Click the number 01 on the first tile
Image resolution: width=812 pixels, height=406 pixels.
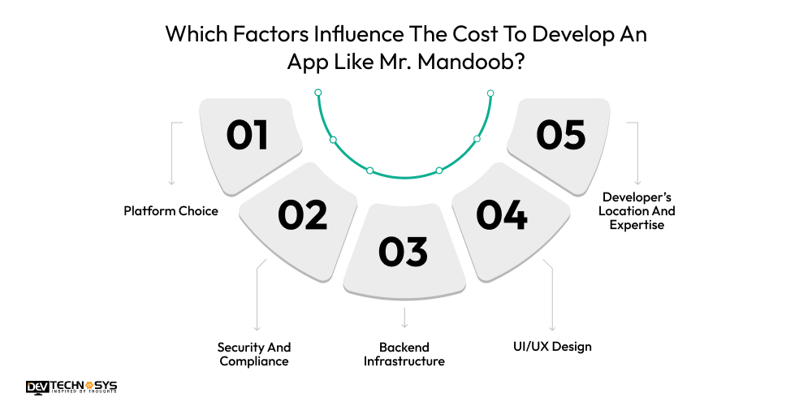click(248, 135)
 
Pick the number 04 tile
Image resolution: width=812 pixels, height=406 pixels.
click(502, 215)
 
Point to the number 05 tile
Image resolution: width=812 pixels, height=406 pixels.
click(561, 135)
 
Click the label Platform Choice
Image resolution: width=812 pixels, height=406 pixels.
click(171, 211)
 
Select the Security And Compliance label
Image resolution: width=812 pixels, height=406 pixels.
click(253, 354)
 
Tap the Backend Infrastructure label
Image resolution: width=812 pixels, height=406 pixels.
click(404, 354)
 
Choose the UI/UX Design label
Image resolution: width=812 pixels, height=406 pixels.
click(552, 347)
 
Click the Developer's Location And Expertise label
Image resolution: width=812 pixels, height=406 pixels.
click(638, 210)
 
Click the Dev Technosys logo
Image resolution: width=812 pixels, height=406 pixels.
click(71, 387)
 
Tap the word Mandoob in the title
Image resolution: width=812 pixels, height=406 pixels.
click(469, 63)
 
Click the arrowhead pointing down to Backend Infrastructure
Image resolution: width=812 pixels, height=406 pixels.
click(404, 324)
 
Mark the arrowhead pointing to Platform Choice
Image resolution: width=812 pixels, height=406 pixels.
click(171, 182)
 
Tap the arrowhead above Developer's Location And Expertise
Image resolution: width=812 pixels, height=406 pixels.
click(638, 182)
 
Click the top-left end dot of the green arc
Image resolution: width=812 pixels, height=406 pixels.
click(318, 93)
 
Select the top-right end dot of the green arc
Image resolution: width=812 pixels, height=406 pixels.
click(490, 93)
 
